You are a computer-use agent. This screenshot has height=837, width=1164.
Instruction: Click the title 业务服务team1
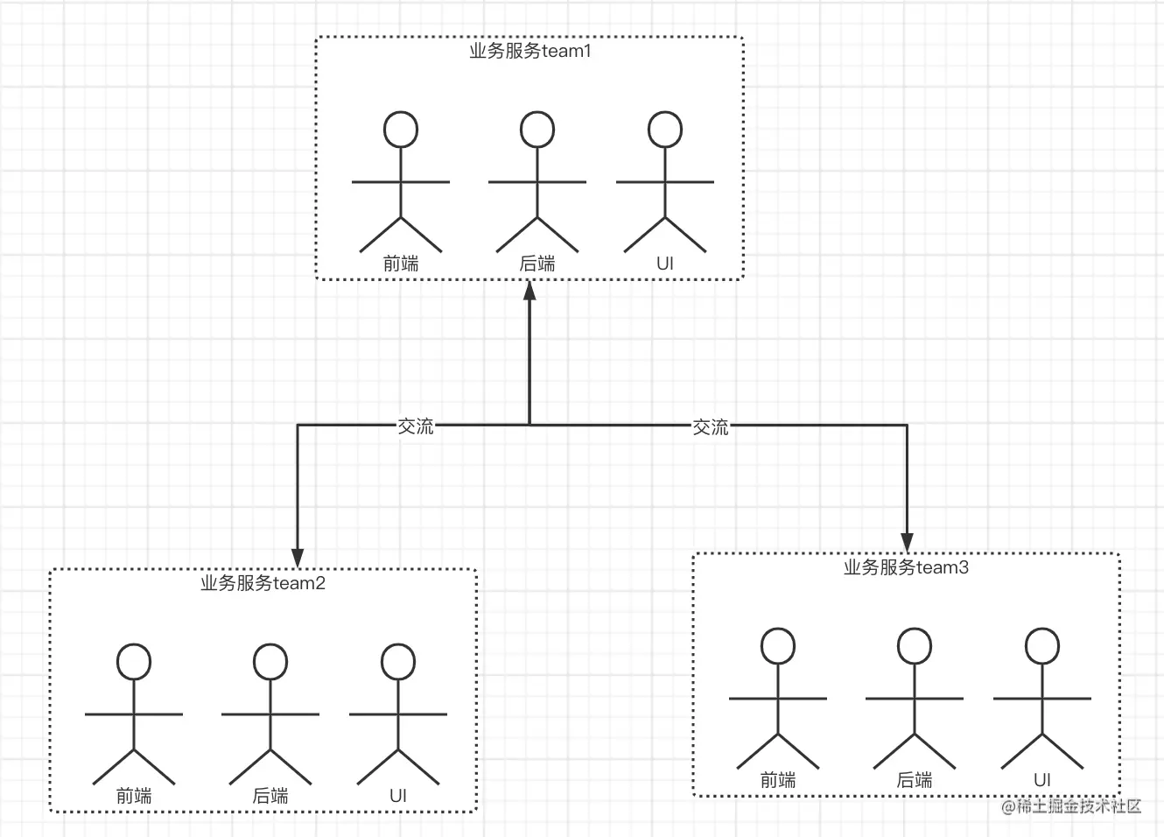click(530, 52)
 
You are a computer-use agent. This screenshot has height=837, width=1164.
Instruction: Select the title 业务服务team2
click(263, 583)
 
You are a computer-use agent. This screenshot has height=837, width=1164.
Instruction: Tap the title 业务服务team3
click(906, 567)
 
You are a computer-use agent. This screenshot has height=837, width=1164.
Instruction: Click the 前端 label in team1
click(401, 264)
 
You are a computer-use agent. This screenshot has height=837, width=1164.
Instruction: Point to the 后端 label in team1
click(537, 264)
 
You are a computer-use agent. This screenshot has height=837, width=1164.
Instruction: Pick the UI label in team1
click(665, 264)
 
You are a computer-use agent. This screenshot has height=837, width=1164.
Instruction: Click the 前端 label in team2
click(134, 796)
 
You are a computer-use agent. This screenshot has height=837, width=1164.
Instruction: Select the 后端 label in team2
click(270, 796)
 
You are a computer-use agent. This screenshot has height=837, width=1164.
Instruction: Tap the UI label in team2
click(398, 796)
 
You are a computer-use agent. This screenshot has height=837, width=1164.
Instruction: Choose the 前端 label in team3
click(778, 780)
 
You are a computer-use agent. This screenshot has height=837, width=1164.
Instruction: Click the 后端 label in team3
click(915, 780)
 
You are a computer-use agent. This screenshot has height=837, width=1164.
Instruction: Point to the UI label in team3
click(1042, 780)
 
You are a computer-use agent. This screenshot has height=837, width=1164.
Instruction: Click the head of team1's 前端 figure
click(401, 130)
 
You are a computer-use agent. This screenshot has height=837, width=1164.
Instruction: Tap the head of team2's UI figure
click(398, 662)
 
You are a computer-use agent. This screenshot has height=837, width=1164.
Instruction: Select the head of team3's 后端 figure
click(915, 646)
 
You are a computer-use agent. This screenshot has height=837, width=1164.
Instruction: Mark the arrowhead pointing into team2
click(298, 558)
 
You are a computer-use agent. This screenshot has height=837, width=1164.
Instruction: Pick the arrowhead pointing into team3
click(908, 542)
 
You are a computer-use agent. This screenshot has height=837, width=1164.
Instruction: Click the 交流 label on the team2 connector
click(416, 426)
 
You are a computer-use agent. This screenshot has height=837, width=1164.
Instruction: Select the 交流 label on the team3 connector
click(711, 427)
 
